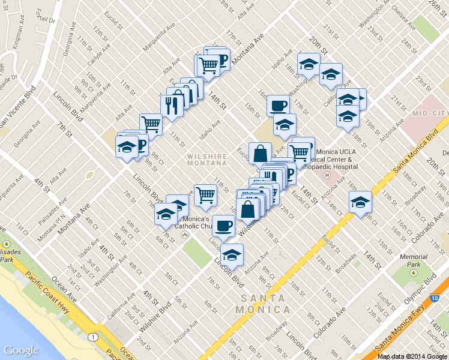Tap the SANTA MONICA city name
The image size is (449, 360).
click(x=265, y=304)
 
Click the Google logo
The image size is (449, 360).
click(x=21, y=350)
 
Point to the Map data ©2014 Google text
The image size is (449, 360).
click(x=412, y=356)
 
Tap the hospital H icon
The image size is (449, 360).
click(x=327, y=176)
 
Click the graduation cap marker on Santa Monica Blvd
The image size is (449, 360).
click(x=360, y=202)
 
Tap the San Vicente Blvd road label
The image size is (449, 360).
click(x=17, y=107)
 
